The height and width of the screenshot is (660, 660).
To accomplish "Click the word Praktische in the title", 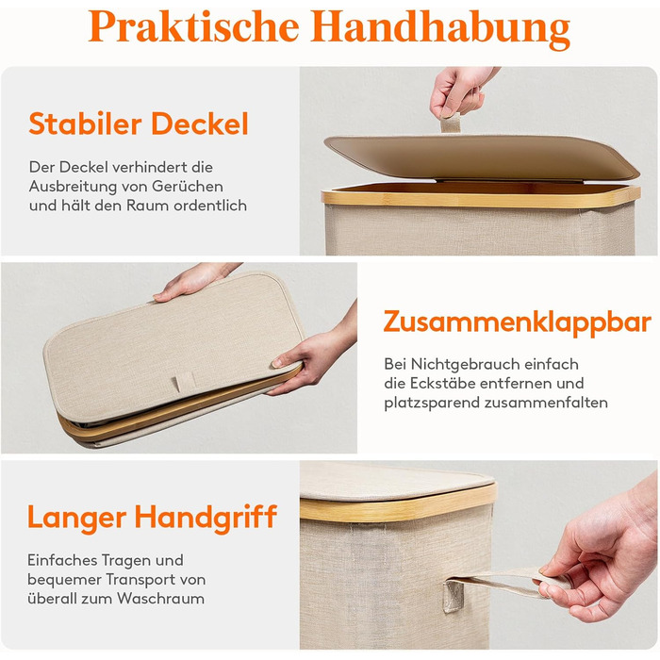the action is (193, 26).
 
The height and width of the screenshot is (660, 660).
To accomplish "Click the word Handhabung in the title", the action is (440, 27).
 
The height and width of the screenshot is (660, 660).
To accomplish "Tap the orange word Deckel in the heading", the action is (200, 124).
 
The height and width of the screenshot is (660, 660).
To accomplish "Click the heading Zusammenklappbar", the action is (518, 322).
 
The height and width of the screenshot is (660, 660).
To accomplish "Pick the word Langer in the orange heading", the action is (76, 518).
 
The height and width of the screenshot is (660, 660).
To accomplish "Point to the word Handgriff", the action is (206, 518).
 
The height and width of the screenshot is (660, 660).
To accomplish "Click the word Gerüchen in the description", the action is (188, 186).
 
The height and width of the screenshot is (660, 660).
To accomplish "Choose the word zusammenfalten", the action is (546, 403).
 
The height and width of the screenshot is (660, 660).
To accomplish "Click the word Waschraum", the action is (160, 598).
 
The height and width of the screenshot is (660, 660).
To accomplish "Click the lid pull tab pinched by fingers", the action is (451, 124).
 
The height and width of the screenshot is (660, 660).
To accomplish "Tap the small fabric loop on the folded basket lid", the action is (185, 381).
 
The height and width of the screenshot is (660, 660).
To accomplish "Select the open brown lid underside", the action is (483, 157).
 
